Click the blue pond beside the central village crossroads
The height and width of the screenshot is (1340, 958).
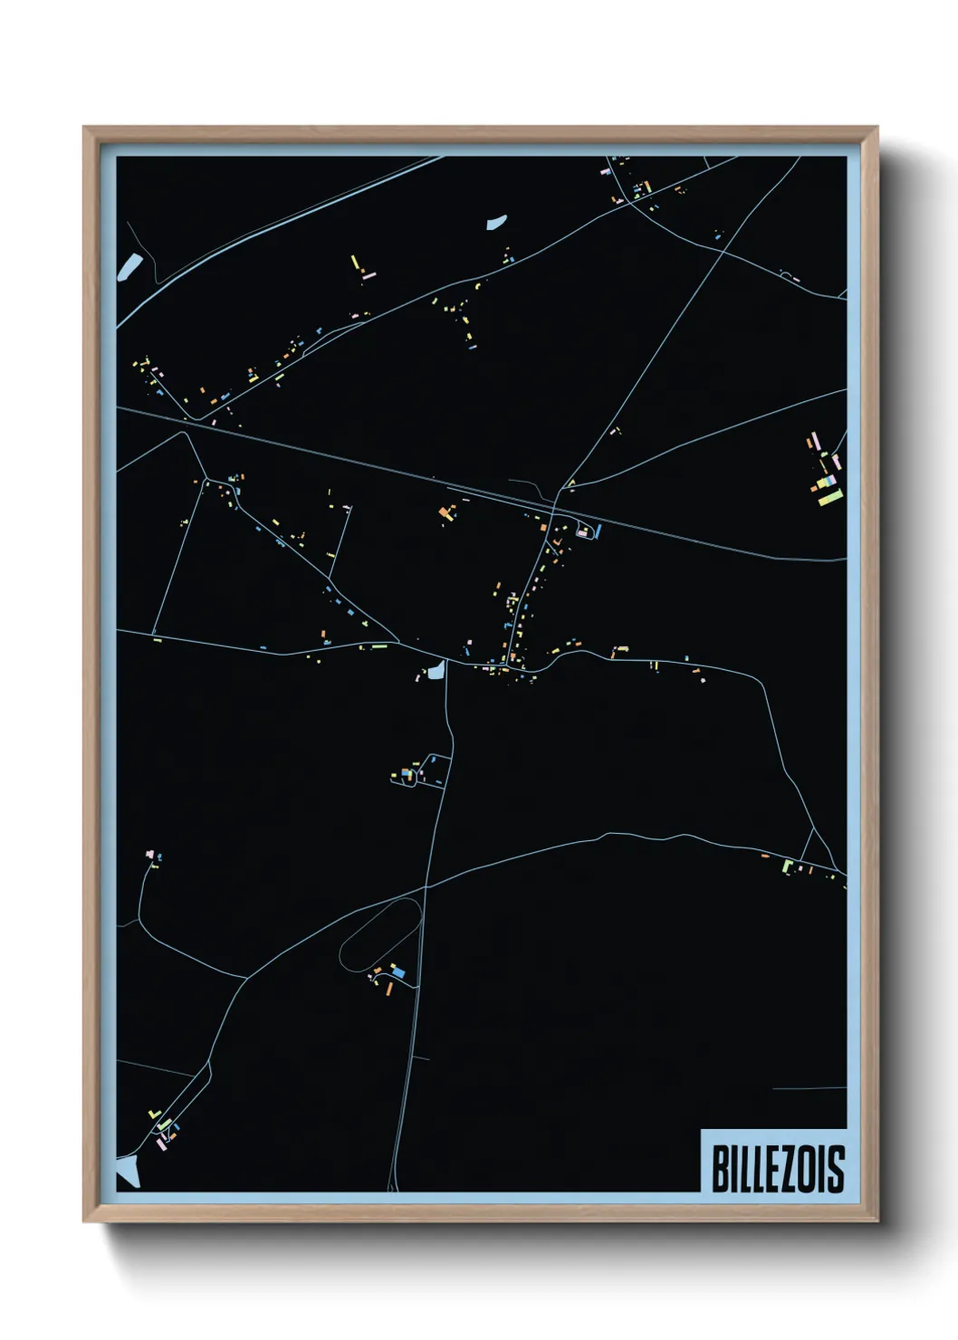click(437, 671)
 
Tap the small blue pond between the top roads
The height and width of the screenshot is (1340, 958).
click(496, 222)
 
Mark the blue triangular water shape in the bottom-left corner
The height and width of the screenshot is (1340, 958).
click(128, 1173)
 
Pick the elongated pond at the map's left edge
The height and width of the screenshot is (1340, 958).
click(129, 266)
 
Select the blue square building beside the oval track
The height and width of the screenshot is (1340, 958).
click(399, 973)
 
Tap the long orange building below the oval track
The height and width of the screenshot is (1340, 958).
click(390, 988)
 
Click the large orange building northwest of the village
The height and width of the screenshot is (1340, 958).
click(445, 513)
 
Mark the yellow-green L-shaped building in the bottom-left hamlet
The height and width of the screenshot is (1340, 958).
click(164, 1124)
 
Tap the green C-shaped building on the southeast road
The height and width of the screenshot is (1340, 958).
click(788, 866)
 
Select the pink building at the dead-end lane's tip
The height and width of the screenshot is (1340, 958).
click(149, 854)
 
